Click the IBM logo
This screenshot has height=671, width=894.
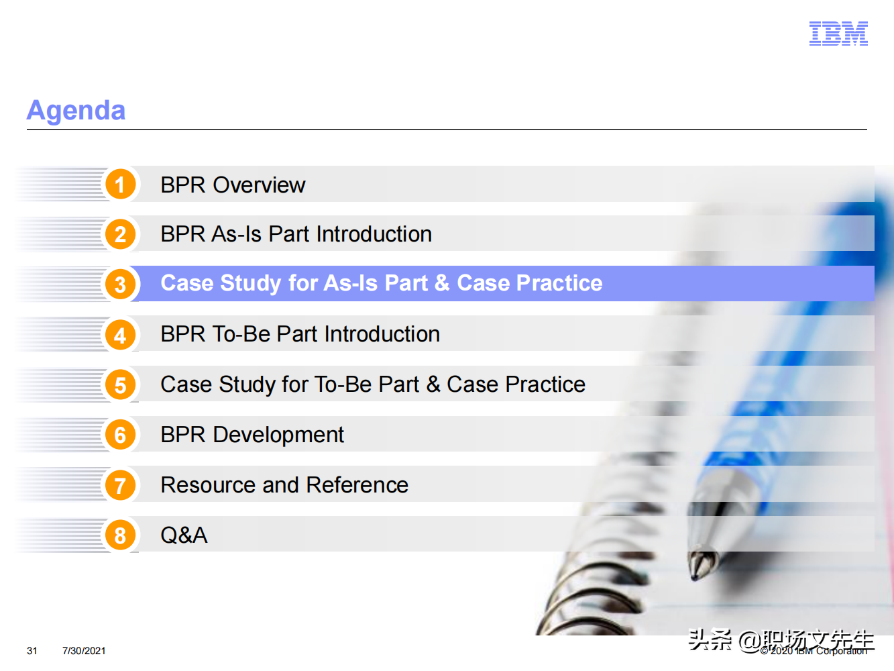[x=838, y=34]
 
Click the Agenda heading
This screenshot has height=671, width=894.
[x=76, y=111]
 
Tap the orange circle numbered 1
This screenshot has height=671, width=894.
[x=120, y=184]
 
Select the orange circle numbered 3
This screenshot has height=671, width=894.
[x=120, y=284]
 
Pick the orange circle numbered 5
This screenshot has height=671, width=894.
[x=120, y=384]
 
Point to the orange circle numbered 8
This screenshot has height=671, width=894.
[x=120, y=535]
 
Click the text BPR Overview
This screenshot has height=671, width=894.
[x=233, y=185]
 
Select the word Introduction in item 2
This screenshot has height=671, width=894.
[x=374, y=234]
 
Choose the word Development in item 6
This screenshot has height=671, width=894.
[x=278, y=435]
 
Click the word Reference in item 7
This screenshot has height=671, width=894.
[x=357, y=485]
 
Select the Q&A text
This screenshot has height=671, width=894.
[x=184, y=535]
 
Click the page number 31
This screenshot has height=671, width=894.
[x=32, y=651]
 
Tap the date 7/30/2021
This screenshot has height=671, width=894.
[x=84, y=651]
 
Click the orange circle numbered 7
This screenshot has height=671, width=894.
[x=120, y=485]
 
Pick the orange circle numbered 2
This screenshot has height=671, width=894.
[x=120, y=234]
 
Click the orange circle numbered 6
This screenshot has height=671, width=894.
[x=120, y=435]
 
